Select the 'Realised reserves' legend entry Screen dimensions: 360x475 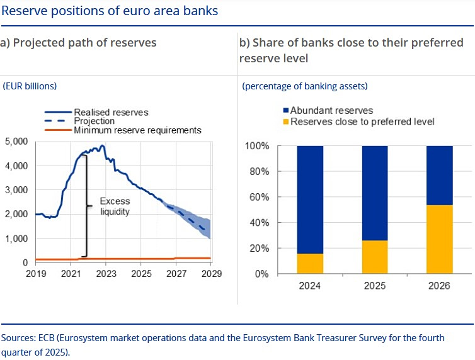[x=111, y=112]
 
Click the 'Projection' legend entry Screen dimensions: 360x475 [x=94, y=121]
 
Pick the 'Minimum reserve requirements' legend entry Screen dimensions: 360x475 [x=137, y=130]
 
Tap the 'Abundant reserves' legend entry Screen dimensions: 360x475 [x=331, y=111]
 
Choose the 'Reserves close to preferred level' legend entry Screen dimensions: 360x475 [x=362, y=121]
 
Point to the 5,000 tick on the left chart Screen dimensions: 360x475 [x=16, y=142]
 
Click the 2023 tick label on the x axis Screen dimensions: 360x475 [x=106, y=275]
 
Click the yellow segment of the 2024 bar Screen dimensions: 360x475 [x=310, y=263]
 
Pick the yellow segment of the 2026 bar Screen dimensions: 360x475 [x=439, y=239]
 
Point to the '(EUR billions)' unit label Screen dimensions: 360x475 [x=30, y=86]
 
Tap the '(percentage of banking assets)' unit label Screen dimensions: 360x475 [x=304, y=86]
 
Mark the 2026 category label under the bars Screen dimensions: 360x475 [x=439, y=286]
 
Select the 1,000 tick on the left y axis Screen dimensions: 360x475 [x=16, y=239]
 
